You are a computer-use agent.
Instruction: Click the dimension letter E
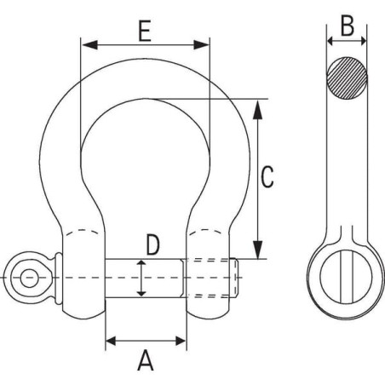click(145, 31)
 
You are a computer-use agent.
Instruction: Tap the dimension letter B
click(348, 26)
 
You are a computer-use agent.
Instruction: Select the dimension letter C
click(267, 177)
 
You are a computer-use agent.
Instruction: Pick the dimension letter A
click(146, 360)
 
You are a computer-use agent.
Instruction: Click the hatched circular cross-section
click(347, 78)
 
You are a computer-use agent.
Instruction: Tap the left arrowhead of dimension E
click(89, 44)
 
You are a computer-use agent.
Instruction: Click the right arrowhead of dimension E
click(201, 44)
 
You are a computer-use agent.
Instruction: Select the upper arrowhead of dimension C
click(257, 109)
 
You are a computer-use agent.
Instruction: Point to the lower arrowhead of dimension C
click(257, 250)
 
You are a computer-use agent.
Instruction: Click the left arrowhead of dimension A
click(111, 341)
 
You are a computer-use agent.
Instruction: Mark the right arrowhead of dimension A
click(181, 341)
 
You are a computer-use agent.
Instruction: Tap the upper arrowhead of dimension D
click(141, 263)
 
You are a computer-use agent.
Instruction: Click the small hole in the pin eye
click(29, 278)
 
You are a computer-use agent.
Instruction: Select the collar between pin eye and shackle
click(59, 278)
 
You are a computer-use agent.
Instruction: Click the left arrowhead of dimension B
click(330, 41)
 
